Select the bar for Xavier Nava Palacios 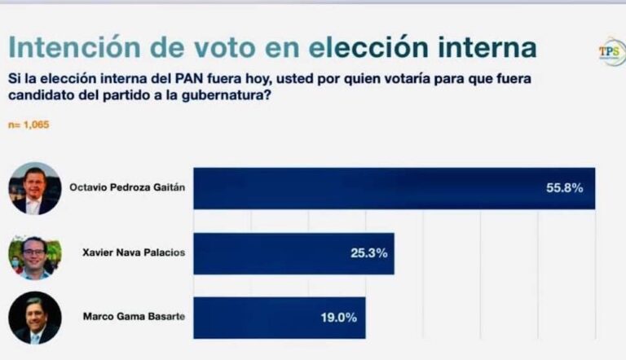[x=293, y=253]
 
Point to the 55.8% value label [x=564, y=188]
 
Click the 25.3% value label [x=368, y=253]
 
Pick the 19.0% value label [x=339, y=318]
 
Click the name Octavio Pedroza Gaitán [x=133, y=187]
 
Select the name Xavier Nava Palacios [x=134, y=252]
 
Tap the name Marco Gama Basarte [x=133, y=316]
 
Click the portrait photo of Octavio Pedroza [x=34, y=188]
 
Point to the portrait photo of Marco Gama [x=34, y=318]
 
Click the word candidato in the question [x=38, y=98]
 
